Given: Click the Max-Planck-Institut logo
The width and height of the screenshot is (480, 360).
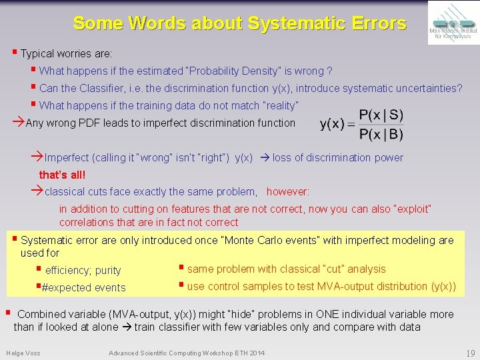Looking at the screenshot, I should click(x=451, y=22).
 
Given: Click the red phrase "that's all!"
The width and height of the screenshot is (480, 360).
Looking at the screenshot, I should click(x=63, y=175).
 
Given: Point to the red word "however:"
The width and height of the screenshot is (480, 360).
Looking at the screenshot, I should click(x=288, y=192).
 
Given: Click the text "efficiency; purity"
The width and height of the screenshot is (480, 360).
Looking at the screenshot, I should click(x=83, y=271).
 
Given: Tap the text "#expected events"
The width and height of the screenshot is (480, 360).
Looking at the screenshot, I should click(x=83, y=288).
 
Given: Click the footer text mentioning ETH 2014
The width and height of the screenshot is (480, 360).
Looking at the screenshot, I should click(x=186, y=352).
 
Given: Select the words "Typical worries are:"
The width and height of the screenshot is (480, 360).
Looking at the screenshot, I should click(x=66, y=53).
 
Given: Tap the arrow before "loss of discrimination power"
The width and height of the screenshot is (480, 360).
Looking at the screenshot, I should click(x=263, y=158).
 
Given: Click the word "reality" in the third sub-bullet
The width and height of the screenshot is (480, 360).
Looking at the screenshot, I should click(x=280, y=105).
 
